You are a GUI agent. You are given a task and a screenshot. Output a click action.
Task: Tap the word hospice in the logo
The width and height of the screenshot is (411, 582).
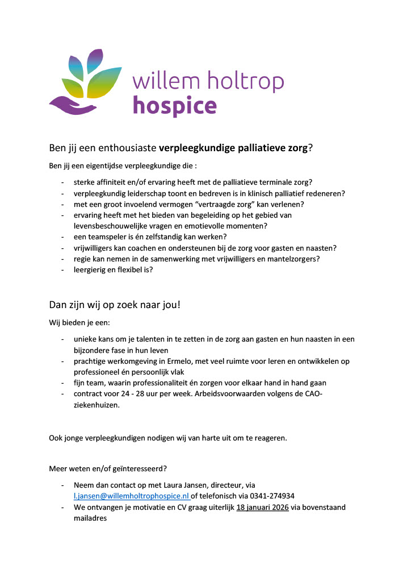[x=174, y=105]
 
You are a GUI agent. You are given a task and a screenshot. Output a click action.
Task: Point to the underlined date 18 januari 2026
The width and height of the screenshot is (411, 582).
[x=263, y=507]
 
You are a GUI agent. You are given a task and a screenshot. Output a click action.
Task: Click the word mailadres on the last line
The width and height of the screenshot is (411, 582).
[x=90, y=518]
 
